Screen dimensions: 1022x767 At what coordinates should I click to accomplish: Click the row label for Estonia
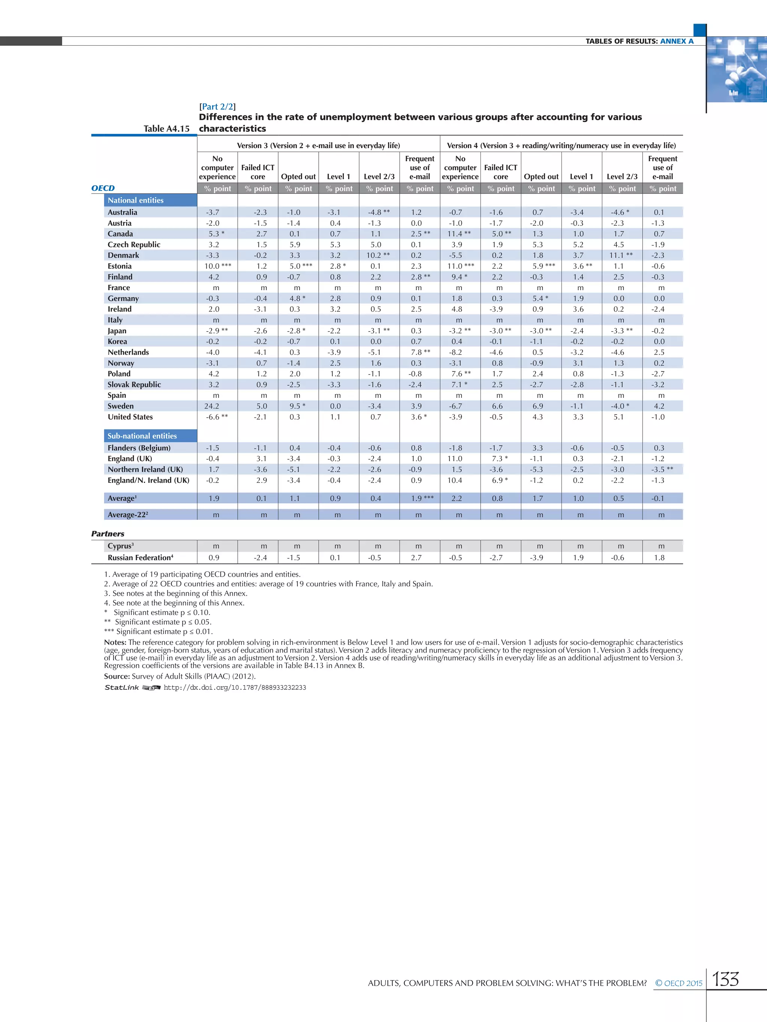[x=119, y=266]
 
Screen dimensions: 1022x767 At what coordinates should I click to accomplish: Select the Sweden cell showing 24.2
[x=212, y=406]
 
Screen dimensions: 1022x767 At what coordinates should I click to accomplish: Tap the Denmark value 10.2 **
[x=378, y=256]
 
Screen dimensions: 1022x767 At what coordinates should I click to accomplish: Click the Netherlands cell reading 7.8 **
[x=420, y=352]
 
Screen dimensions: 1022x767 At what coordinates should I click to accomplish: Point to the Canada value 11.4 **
[x=459, y=234]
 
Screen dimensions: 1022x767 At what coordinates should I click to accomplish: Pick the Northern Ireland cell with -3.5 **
[x=662, y=469]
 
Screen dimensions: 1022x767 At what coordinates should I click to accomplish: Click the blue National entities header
[x=136, y=200]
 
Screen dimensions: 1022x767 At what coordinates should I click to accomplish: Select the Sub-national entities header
[x=142, y=436]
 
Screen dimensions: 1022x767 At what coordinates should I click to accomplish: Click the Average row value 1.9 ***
[x=422, y=498]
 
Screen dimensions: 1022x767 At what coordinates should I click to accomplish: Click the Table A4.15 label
[x=166, y=129]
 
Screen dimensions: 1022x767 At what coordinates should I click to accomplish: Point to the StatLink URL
[x=234, y=687]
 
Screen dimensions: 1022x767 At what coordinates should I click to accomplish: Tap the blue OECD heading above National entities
[x=103, y=188]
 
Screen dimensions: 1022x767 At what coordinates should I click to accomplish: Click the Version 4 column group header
[x=561, y=146]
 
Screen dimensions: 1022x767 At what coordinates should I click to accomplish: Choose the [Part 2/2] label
[x=217, y=107]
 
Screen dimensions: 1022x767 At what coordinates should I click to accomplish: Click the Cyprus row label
[x=120, y=546]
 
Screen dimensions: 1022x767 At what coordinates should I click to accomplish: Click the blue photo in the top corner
[x=736, y=69]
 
